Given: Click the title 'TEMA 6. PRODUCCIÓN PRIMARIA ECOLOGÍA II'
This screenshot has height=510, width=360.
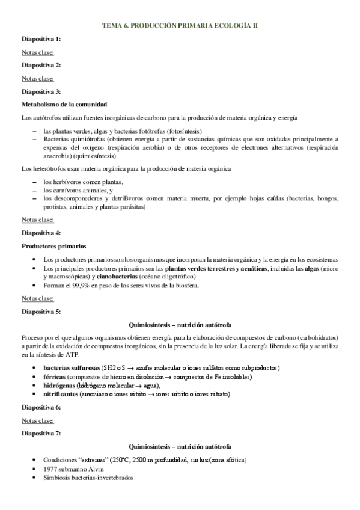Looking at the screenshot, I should pyautogui.click(x=180, y=26).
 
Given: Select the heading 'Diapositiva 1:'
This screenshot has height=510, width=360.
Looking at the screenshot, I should pyautogui.click(x=41, y=39).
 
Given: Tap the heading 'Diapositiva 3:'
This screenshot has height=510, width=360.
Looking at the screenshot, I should pyautogui.click(x=41, y=91).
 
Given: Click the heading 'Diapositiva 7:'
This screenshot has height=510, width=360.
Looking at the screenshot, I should pyautogui.click(x=41, y=433).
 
